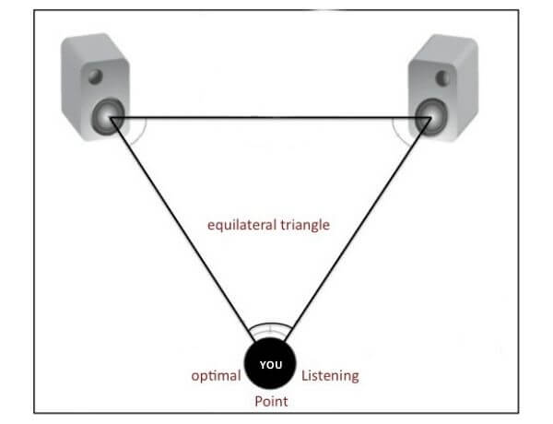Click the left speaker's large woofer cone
[109, 116]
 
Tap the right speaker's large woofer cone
[428, 116]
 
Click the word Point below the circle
[271, 402]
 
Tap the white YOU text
[271, 365]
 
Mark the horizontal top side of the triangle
[267, 117]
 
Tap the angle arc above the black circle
[270, 324]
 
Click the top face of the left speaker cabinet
[88, 42]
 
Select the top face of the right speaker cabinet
[448, 42]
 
